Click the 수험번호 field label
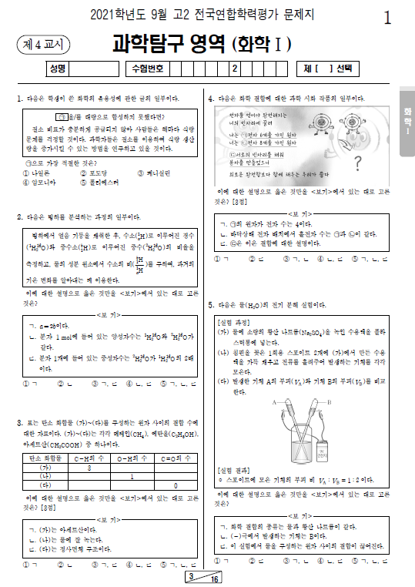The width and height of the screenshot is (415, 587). click(x=149, y=69)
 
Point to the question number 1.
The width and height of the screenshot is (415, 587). click(x=18, y=99)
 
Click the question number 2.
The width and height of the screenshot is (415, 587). click(x=18, y=219)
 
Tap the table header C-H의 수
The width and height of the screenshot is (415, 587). click(x=90, y=458)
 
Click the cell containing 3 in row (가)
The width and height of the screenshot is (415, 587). click(x=90, y=468)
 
